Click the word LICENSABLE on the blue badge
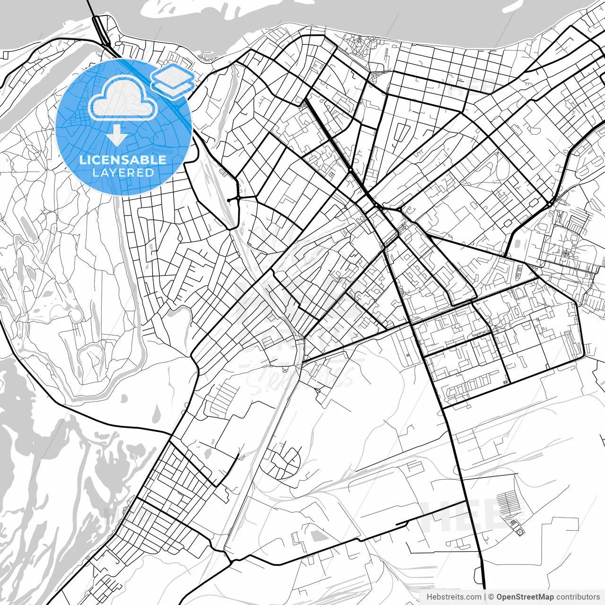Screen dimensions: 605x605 (x=123, y=160)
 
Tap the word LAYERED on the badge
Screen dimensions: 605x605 (x=123, y=173)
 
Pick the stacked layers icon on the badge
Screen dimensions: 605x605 (x=173, y=81)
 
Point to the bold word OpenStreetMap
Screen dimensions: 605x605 (x=525, y=597)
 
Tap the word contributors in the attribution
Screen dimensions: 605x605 (x=578, y=597)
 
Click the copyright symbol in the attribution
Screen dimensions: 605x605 (x=491, y=597)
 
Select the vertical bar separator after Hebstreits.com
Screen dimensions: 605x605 (x=485, y=597)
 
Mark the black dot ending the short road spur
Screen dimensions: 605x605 (x=229, y=200)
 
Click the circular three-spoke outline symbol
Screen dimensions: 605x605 (x=520, y=532)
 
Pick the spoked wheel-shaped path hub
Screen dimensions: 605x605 (x=564, y=254)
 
